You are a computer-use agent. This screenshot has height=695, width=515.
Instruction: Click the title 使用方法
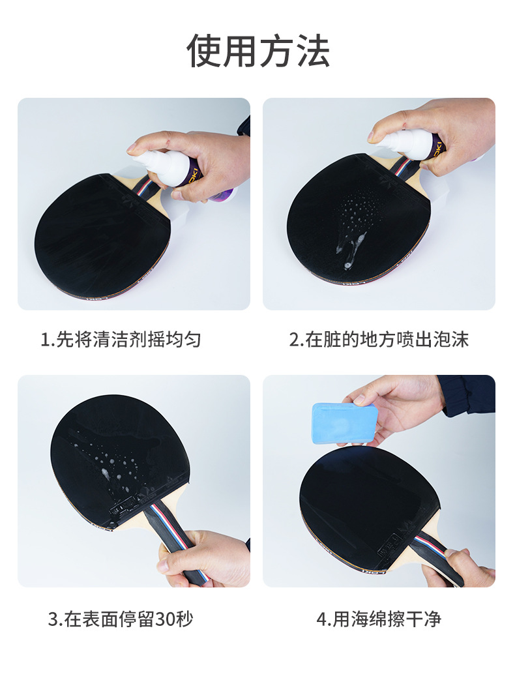(x=258, y=51)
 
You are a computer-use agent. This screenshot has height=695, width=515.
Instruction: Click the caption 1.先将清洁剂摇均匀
(x=121, y=340)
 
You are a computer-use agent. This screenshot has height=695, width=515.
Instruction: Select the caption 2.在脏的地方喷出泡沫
(x=379, y=340)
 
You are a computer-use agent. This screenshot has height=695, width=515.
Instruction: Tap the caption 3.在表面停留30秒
(x=121, y=619)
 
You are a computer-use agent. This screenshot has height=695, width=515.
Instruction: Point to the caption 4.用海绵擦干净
(x=379, y=619)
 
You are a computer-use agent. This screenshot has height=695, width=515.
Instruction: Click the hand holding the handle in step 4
(x=456, y=569)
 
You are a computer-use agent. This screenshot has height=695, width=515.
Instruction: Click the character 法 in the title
(x=314, y=51)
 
